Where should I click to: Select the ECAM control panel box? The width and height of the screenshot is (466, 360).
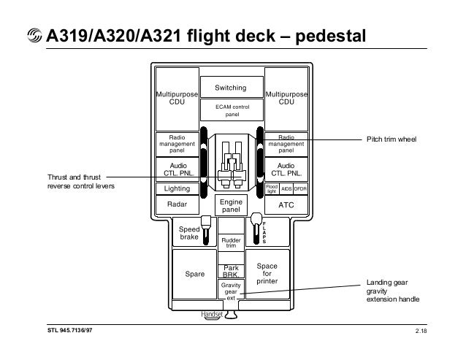click(x=232, y=110)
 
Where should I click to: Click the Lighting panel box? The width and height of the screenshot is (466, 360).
click(x=177, y=188)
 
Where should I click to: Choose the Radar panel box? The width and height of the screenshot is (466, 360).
click(x=177, y=205)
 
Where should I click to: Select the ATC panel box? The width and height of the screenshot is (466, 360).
click(x=286, y=205)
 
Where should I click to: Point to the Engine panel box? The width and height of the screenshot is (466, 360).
click(x=232, y=205)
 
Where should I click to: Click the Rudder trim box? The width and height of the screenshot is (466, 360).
click(x=231, y=242)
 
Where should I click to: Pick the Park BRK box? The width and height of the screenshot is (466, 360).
click(x=231, y=271)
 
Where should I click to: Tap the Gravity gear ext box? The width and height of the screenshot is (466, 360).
click(x=231, y=291)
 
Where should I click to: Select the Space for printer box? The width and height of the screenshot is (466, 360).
click(x=267, y=275)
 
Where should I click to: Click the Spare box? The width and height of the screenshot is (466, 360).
click(x=194, y=275)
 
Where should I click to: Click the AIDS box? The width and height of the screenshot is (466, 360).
click(x=286, y=188)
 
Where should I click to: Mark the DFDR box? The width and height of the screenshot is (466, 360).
click(x=300, y=188)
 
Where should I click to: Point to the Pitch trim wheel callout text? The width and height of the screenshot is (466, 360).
click(x=390, y=137)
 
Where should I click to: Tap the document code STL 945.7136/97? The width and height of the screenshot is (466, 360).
click(x=70, y=333)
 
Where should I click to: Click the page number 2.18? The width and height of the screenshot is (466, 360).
click(x=421, y=333)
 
